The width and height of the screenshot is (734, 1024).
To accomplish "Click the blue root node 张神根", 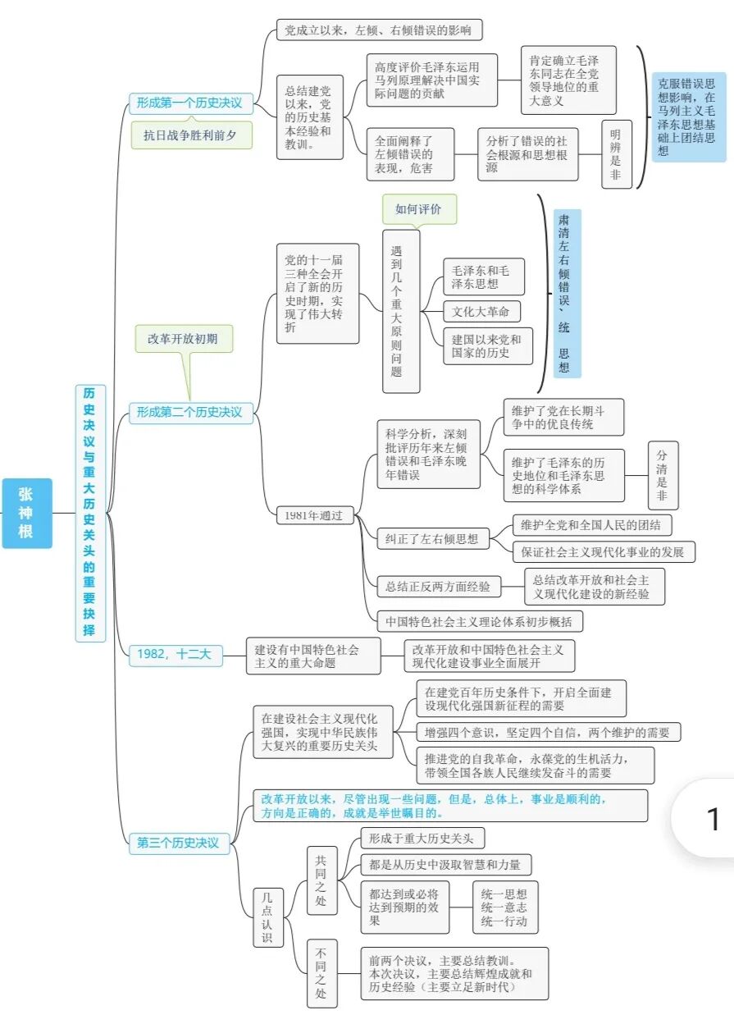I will [x=26, y=513].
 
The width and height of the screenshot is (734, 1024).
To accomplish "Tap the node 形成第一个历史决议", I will [x=189, y=103].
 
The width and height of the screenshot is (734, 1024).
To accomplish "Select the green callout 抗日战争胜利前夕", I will [x=189, y=135].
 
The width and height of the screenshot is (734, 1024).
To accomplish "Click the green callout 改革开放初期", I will [x=183, y=338].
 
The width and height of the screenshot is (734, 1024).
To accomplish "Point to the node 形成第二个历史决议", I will [x=189, y=413].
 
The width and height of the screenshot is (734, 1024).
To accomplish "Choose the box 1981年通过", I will [x=314, y=515].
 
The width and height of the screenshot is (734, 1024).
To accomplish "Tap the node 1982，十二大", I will [x=175, y=654].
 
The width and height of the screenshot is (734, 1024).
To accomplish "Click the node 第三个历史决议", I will [x=178, y=843].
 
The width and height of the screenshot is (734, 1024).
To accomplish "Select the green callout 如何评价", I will [x=418, y=209].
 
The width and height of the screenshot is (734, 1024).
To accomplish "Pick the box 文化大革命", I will [x=481, y=312].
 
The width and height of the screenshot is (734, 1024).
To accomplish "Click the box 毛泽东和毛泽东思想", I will [x=482, y=277].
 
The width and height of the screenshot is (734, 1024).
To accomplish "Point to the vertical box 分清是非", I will [x=663, y=476].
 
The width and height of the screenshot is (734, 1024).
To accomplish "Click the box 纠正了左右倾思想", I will [x=432, y=538].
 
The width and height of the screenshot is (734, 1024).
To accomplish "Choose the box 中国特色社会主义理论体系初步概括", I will [x=479, y=621].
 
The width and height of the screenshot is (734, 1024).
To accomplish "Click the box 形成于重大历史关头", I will [x=422, y=838].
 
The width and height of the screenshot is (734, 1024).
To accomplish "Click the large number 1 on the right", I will [x=713, y=819].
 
